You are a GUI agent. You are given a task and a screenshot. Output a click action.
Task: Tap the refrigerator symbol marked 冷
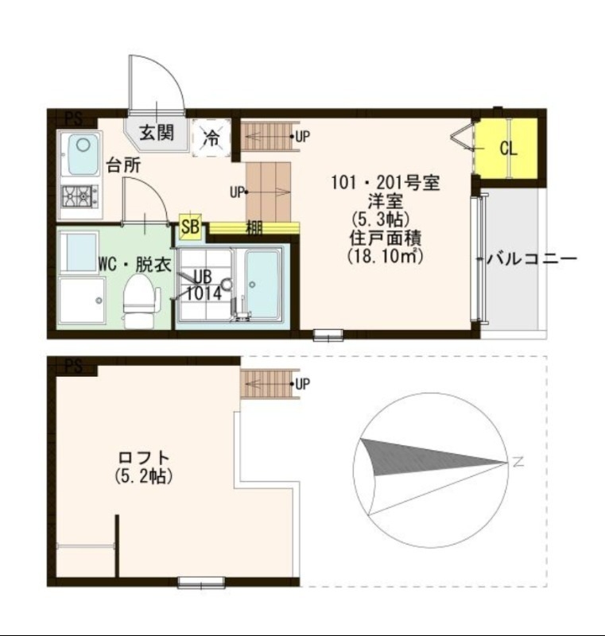212,136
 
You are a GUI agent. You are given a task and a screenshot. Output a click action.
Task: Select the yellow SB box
190,227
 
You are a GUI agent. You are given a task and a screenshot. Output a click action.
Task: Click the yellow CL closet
508,149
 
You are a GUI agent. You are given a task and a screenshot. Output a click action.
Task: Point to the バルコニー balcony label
530,259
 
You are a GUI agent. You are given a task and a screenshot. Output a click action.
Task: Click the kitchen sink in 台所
81,153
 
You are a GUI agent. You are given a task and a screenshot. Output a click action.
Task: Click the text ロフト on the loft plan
144,459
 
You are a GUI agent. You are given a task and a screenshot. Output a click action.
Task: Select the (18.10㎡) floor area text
385,256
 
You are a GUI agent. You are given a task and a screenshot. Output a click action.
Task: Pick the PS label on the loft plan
73,366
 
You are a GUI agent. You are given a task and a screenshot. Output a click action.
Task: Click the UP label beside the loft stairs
302,384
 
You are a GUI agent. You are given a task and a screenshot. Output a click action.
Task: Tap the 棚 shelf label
254,227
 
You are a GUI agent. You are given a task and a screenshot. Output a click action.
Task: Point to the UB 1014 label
203,285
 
